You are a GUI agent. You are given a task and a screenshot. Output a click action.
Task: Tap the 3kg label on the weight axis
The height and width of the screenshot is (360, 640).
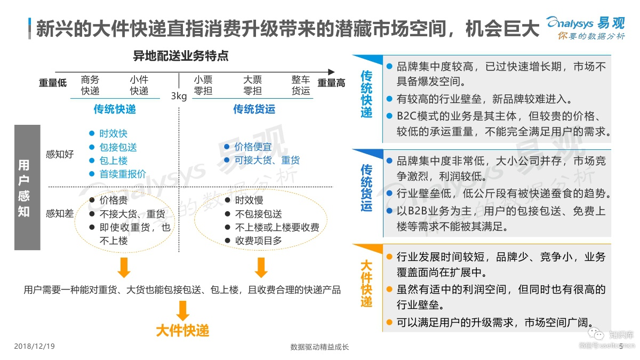(179, 96)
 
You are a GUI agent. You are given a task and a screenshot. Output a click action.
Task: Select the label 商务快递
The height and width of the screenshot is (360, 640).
(90, 85)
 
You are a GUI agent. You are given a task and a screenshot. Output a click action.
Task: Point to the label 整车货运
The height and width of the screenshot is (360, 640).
(301, 85)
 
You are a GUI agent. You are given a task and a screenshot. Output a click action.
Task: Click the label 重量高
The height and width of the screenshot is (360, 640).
(331, 83)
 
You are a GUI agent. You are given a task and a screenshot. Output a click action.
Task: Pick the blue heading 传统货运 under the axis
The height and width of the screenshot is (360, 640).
(254, 109)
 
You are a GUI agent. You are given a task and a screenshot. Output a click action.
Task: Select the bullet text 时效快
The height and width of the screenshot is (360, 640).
(113, 133)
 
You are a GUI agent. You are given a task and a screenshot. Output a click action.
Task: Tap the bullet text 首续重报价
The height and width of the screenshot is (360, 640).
(123, 174)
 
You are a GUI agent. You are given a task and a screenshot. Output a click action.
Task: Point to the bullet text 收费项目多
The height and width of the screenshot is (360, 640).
(259, 241)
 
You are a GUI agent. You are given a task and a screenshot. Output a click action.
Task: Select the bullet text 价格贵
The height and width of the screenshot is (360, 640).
(114, 201)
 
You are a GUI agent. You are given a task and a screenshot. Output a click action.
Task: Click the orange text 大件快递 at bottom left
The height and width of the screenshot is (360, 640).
(182, 331)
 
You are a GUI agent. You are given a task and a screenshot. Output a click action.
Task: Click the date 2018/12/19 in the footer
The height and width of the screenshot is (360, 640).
(34, 347)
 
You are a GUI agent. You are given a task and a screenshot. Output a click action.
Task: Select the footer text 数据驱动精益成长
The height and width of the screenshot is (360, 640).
(319, 347)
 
